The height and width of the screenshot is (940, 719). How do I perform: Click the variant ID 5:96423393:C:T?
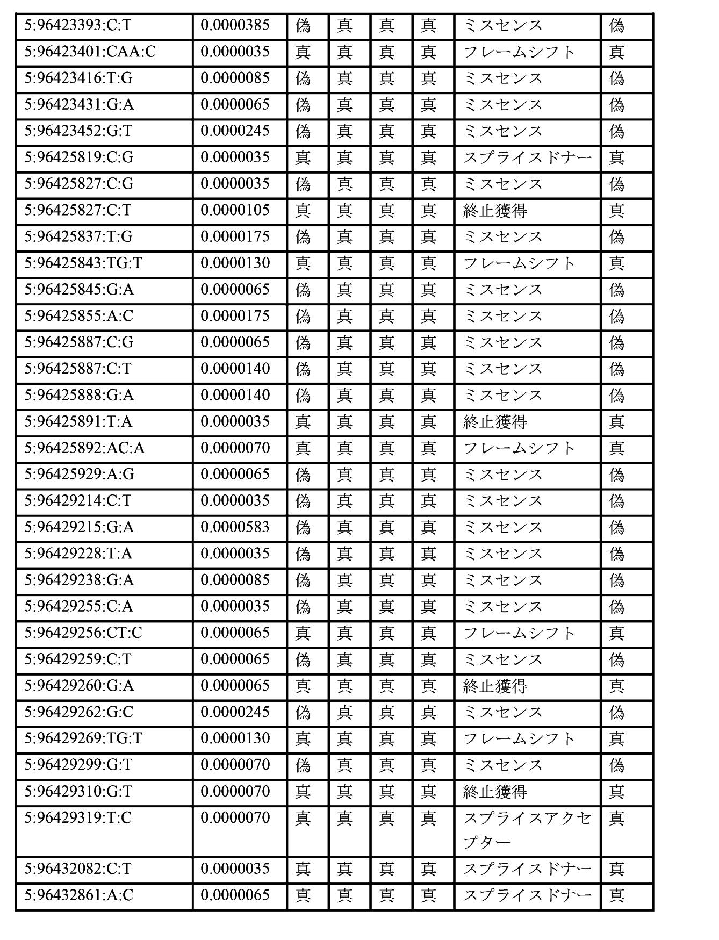(77, 25)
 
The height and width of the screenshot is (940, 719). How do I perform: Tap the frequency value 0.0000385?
(235, 25)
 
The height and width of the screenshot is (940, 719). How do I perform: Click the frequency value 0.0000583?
(235, 527)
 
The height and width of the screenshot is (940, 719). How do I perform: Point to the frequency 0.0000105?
(235, 210)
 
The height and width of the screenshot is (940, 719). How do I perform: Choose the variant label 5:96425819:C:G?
(78, 157)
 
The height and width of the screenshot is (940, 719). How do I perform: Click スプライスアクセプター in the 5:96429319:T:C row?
(527, 830)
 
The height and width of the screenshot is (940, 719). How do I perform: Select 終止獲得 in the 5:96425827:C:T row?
(495, 210)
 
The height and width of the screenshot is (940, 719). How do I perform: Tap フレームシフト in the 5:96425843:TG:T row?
(519, 263)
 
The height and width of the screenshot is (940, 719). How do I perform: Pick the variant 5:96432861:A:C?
(78, 895)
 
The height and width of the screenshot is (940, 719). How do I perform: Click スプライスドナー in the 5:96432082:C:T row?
(527, 869)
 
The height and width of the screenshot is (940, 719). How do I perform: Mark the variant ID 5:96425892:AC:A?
(84, 448)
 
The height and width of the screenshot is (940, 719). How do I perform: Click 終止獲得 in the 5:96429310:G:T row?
(495, 792)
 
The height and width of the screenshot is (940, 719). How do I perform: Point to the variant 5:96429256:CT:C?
(83, 633)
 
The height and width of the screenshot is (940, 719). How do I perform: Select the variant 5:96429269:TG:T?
(83, 738)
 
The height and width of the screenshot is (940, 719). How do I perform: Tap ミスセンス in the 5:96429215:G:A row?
(502, 527)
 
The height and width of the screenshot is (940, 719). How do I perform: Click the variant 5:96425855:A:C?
(78, 315)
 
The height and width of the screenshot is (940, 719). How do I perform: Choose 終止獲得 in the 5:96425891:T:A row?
(495, 421)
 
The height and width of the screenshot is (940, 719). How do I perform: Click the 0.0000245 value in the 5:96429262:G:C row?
(235, 712)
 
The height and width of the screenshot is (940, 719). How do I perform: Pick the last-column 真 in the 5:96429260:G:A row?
(616, 686)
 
